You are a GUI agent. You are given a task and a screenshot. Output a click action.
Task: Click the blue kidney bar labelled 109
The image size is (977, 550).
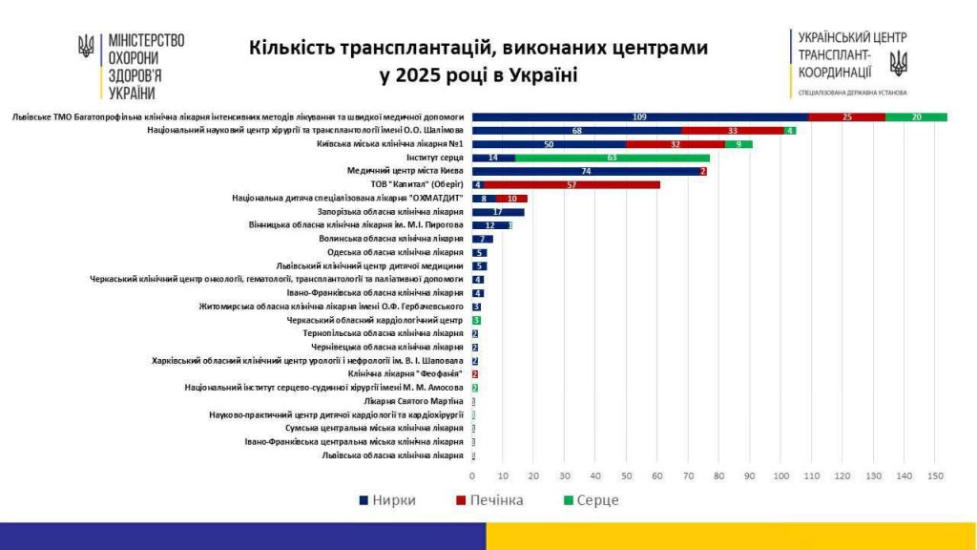pos(640,116)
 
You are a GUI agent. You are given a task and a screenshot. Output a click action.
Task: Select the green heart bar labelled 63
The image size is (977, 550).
pos(613,158)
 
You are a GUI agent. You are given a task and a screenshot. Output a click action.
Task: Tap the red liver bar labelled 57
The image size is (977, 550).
pos(572,184)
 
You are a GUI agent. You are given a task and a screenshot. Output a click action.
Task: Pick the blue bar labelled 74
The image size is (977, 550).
pos(586,171)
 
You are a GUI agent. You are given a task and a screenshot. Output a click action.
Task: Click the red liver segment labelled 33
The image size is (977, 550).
pos(733,130)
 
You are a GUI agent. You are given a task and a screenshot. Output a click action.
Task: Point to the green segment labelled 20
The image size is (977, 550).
pos(916,116)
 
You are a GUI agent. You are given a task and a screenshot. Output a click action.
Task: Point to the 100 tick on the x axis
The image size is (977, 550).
pos(781,476)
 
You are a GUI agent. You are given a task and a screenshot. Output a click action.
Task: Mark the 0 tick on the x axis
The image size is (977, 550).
pos(472,476)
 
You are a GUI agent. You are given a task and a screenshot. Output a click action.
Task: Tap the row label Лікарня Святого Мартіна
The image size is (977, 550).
pos(419,402)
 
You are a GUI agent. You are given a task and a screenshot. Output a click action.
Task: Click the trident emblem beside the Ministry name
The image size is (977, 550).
pos(87,46)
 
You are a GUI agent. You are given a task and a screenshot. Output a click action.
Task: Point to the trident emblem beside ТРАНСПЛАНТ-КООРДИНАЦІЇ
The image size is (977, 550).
pos(898,63)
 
